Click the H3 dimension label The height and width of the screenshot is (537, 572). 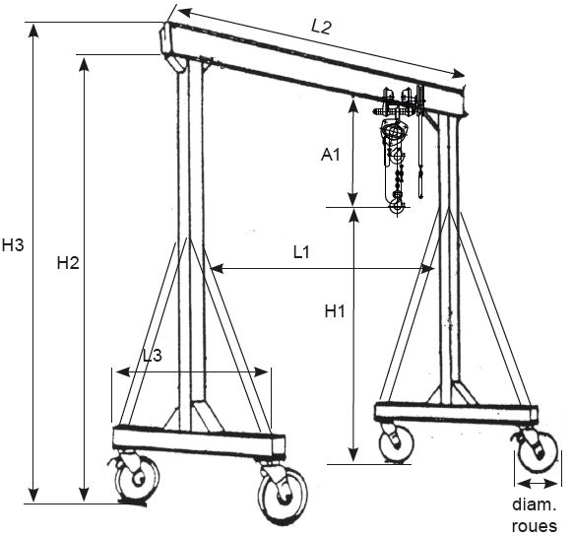pyautogui.click(x=13, y=244)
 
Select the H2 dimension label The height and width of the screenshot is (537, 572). pyautogui.click(x=68, y=262)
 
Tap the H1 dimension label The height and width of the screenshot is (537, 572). pyautogui.click(x=335, y=311)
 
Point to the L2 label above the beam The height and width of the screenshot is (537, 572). pyautogui.click(x=321, y=27)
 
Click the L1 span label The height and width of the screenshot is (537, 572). pyautogui.click(x=301, y=252)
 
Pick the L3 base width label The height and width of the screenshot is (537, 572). pyautogui.click(x=153, y=356)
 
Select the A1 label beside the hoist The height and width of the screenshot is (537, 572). pyautogui.click(x=330, y=155)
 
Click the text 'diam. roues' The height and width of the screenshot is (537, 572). pyautogui.click(x=535, y=515)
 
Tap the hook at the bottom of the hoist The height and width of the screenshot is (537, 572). pyautogui.click(x=397, y=205)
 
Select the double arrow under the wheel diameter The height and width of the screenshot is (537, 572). pyautogui.click(x=537, y=484)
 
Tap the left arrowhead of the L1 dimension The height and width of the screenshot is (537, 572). pyautogui.click(x=218, y=269)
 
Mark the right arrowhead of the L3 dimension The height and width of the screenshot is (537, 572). pyautogui.click(x=261, y=372)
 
